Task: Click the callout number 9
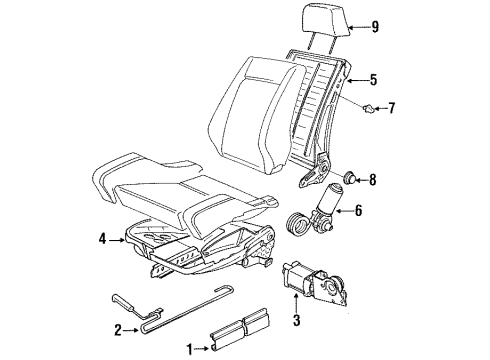click(x=375, y=27)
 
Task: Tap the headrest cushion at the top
click(x=326, y=20)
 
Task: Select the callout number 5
click(x=373, y=80)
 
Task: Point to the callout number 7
click(x=391, y=108)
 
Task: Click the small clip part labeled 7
click(x=369, y=108)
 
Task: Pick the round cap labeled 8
click(x=349, y=177)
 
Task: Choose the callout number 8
click(x=373, y=180)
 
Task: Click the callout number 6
click(x=358, y=211)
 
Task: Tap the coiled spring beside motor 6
click(x=298, y=224)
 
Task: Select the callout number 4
click(x=102, y=239)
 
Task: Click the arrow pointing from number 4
click(x=117, y=239)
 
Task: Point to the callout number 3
click(x=296, y=320)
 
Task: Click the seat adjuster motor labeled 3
click(x=314, y=282)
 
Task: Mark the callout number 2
click(x=118, y=330)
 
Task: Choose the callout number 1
click(x=190, y=349)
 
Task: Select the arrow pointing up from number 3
click(x=296, y=303)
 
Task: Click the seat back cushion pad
click(x=258, y=113)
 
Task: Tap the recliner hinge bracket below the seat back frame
click(x=315, y=170)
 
